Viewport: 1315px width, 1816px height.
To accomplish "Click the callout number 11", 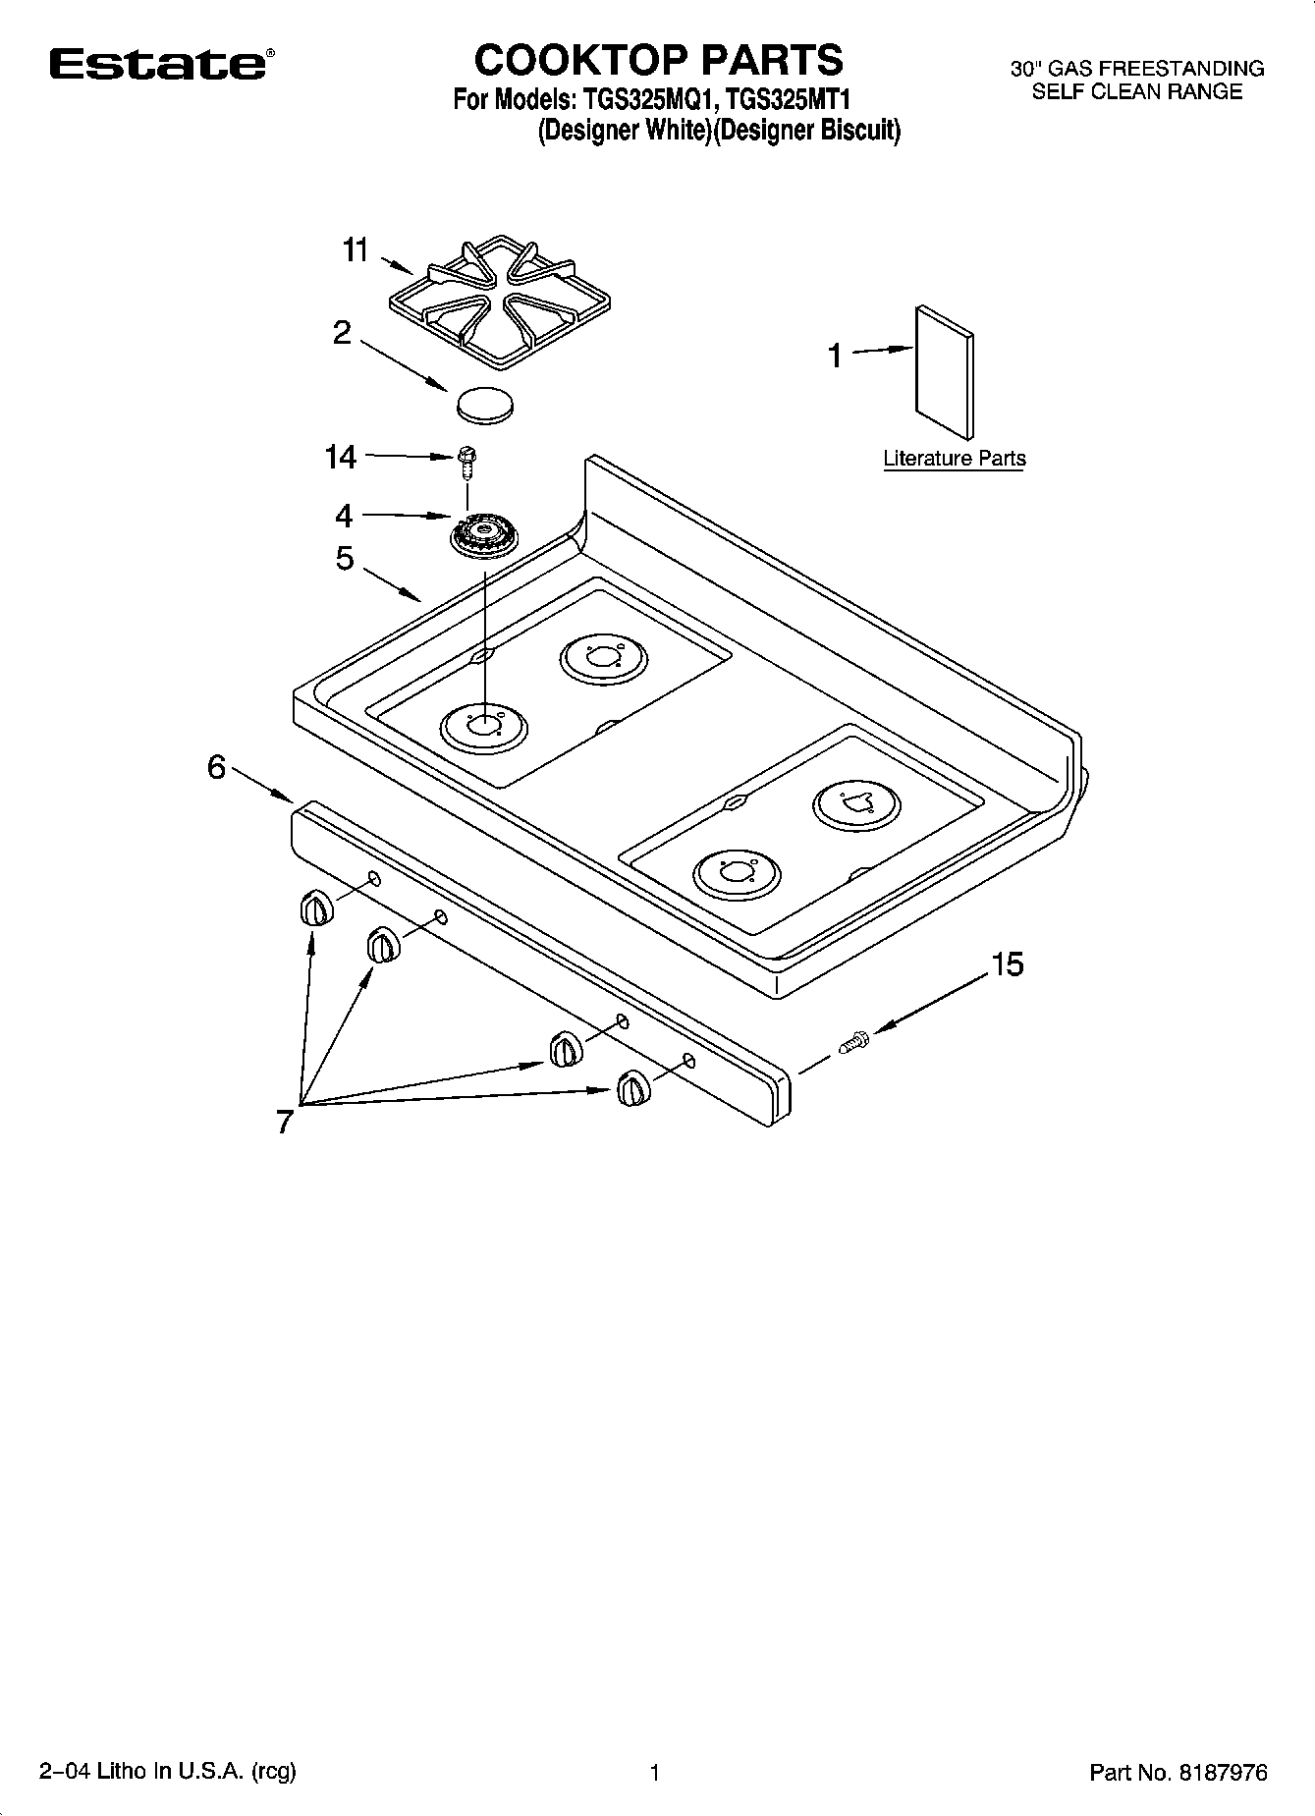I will [355, 250].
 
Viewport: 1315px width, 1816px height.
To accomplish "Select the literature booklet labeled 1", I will [946, 371].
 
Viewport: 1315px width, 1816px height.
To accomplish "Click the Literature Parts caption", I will [954, 459].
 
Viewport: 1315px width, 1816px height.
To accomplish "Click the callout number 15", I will [1007, 964].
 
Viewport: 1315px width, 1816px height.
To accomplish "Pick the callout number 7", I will [285, 1121].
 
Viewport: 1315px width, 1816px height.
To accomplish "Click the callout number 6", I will [216, 767].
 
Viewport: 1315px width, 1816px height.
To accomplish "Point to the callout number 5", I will [344, 559].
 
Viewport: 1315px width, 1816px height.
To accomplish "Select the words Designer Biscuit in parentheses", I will [809, 132].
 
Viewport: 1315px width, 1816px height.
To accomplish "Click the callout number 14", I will [341, 457].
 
